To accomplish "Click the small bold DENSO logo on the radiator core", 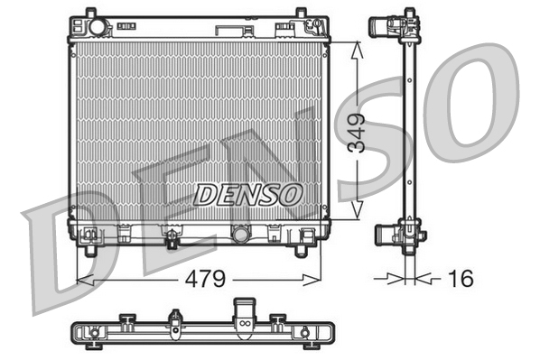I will (247, 193).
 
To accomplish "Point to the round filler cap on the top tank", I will (98, 28).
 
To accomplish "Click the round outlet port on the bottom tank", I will (240, 235).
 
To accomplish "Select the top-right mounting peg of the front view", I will (300, 14).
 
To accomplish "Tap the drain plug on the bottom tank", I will (170, 239).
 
